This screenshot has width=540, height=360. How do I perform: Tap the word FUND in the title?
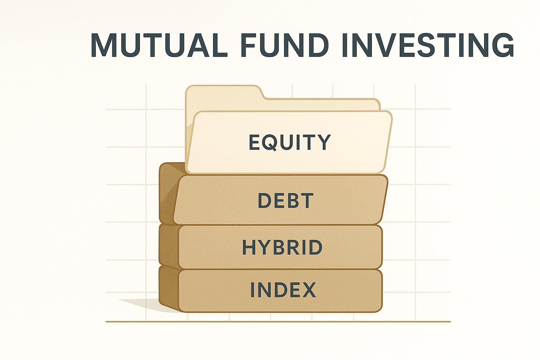285,45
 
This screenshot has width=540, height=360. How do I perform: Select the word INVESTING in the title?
428,45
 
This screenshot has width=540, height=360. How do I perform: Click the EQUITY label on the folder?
290,142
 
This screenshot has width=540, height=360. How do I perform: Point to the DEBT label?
285,201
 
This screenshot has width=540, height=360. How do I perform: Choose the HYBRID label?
282,247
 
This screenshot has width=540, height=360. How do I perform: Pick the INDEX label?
283,290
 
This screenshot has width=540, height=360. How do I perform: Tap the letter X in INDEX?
308,290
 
